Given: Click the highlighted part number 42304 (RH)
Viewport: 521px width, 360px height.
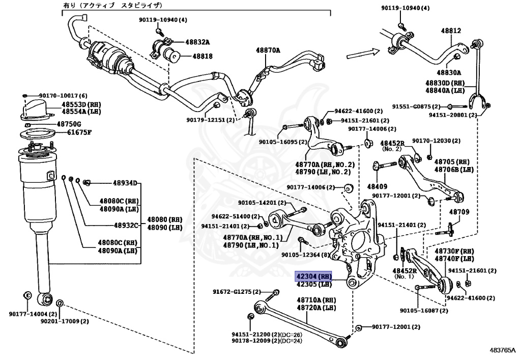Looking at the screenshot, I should point(313,276).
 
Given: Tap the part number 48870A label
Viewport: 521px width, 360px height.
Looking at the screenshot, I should point(268,50).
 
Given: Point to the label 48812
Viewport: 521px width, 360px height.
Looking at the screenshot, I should point(451,31).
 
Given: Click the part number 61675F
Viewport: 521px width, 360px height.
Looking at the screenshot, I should point(79,133).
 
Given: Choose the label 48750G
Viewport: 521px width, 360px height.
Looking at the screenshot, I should point(69,124).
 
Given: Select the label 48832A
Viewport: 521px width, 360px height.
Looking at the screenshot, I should point(197,42).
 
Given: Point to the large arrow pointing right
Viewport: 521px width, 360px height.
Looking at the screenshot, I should point(363,51).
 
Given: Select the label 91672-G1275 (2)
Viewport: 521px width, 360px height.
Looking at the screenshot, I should point(236,292).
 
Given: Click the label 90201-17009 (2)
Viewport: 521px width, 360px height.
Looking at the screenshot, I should point(64,321).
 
